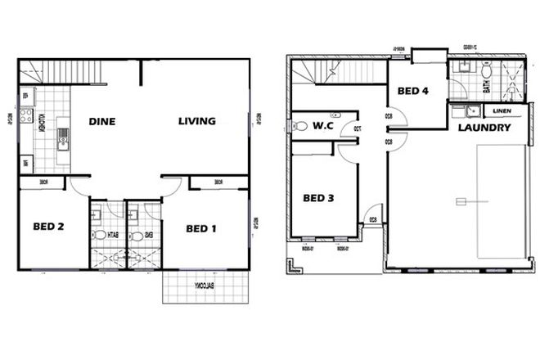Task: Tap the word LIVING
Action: click(196, 121)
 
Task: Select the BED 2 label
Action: click(48, 227)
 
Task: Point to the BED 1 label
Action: click(200, 228)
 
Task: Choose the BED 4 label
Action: click(413, 92)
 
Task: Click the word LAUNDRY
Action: click(484, 128)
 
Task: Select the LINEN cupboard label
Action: click(502, 110)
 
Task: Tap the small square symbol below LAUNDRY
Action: click(461, 202)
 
